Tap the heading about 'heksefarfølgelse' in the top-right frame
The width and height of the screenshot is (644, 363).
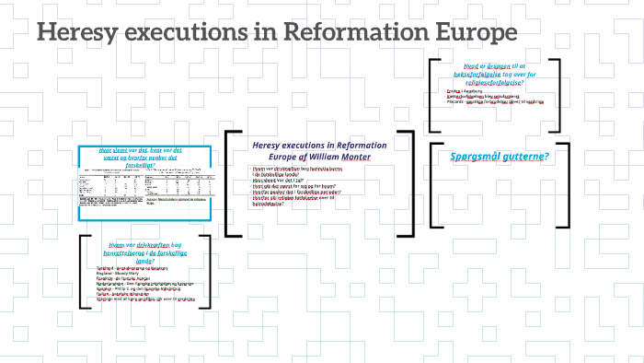pyautogui.click(x=498, y=75)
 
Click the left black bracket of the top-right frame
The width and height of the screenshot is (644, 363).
pyautogui.click(x=431, y=95)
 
